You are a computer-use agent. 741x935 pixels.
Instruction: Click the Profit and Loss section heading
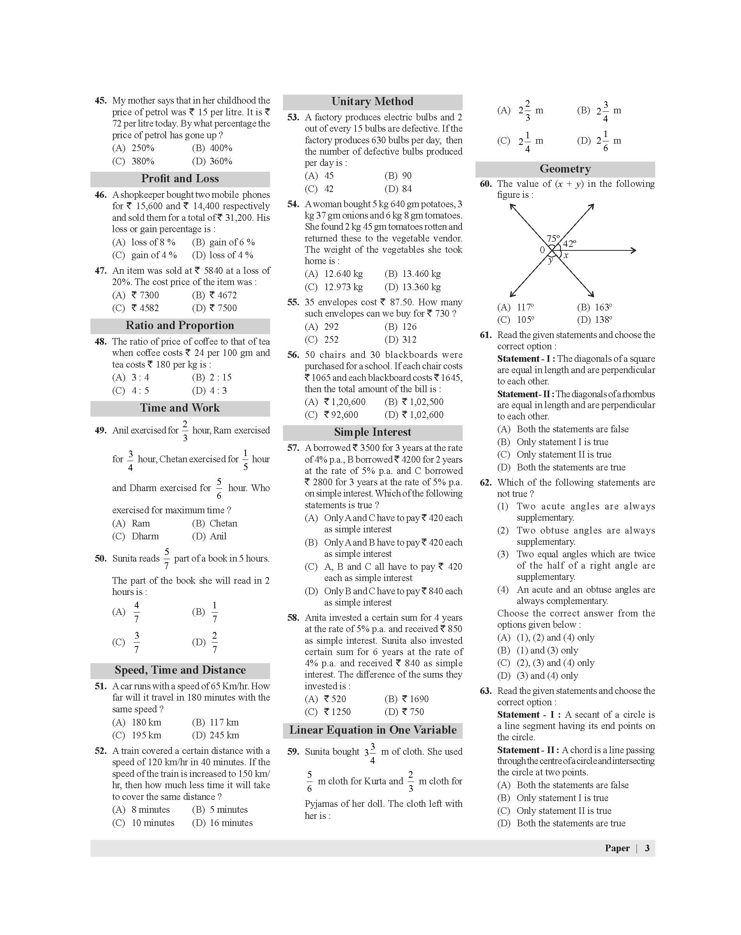[180, 179]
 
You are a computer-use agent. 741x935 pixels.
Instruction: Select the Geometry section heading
[565, 169]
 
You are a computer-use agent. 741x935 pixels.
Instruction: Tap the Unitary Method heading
[372, 101]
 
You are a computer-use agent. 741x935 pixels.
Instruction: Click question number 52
[101, 751]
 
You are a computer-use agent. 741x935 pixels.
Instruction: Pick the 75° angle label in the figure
[553, 238]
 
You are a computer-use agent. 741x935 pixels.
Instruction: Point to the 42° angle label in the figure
[569, 244]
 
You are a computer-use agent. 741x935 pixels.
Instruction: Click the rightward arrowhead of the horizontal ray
[633, 250]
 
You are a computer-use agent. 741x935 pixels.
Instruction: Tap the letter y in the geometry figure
[550, 260]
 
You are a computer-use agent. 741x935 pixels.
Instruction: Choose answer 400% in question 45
[221, 148]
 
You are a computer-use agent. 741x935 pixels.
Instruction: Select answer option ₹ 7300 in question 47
[145, 295]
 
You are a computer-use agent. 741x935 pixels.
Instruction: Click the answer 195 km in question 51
[146, 735]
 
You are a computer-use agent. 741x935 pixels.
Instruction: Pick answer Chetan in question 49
[223, 523]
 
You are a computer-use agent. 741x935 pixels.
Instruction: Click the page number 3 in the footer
[647, 848]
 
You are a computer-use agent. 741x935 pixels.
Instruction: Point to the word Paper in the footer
[617, 848]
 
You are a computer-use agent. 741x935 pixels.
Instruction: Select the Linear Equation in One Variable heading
[373, 730]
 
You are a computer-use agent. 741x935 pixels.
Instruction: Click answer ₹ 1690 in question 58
[415, 699]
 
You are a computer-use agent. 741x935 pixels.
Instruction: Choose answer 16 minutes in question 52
[231, 823]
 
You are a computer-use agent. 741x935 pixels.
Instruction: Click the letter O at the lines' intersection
[542, 250]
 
